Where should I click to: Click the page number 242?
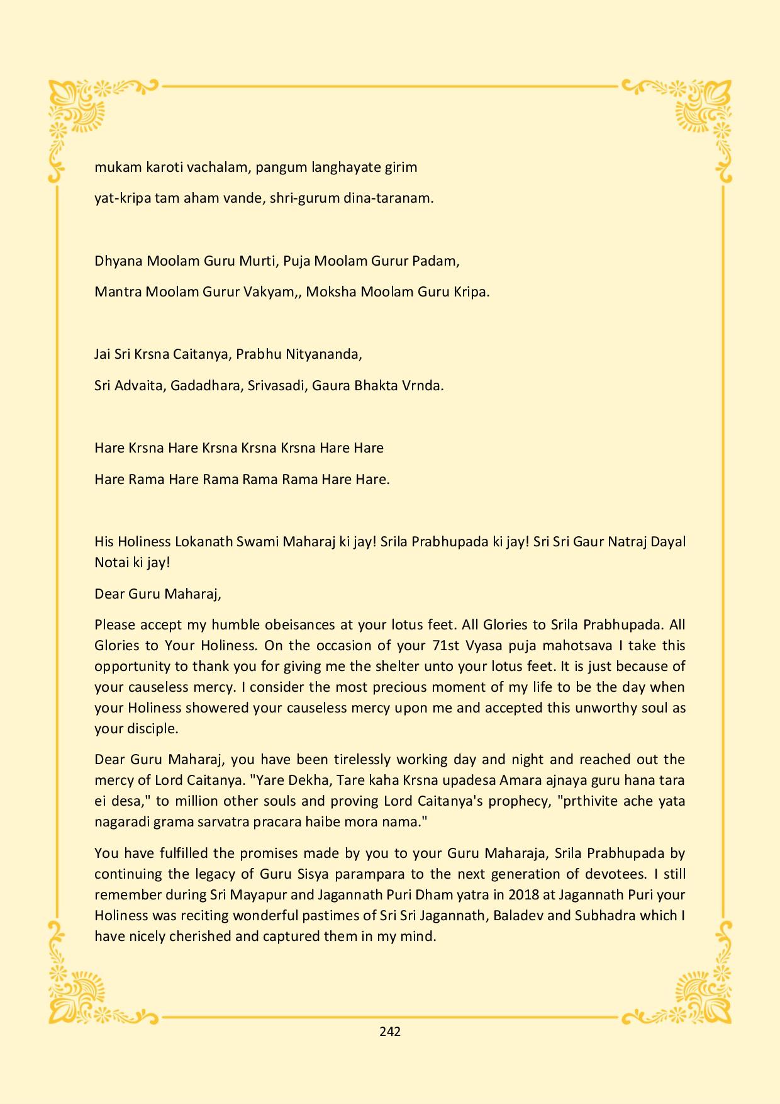pos(390,1032)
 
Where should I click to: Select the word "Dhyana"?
pos(118,261)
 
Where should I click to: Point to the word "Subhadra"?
pos(605,915)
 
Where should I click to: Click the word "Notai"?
pos(111,563)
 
